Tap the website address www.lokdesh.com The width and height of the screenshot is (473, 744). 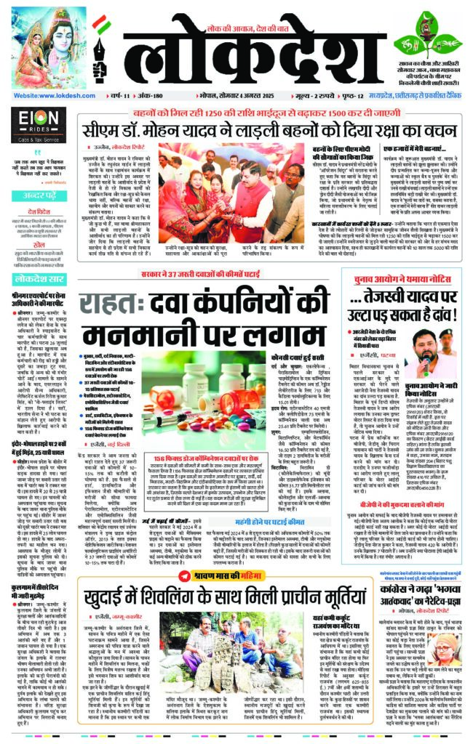point(47,95)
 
